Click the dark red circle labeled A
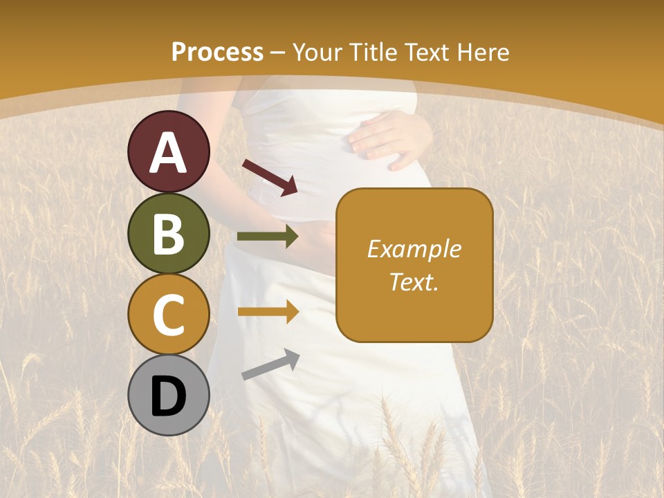(x=169, y=151)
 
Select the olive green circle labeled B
(x=169, y=233)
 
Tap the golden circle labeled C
(x=169, y=314)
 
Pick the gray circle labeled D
(x=169, y=395)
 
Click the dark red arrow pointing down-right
(x=270, y=177)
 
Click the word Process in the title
(x=217, y=52)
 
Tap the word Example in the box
(x=414, y=249)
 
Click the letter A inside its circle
(x=169, y=153)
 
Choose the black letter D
(x=169, y=396)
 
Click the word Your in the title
(x=316, y=52)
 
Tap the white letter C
(x=169, y=315)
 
